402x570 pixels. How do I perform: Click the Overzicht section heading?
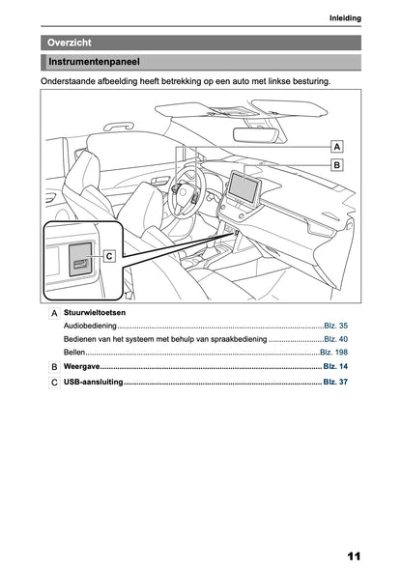(69, 43)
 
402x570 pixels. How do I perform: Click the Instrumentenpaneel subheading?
(94, 62)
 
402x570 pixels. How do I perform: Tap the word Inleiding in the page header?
(345, 17)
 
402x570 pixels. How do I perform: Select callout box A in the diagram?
(337, 147)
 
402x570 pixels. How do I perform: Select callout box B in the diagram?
(337, 165)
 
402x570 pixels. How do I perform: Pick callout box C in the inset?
(109, 256)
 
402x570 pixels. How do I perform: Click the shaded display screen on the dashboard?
(244, 186)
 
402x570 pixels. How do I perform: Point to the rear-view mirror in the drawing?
(255, 135)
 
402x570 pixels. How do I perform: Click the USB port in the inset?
(79, 264)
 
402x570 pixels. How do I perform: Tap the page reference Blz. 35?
(335, 326)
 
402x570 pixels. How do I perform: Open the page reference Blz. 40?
(335, 339)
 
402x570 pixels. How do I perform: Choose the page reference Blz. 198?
(333, 352)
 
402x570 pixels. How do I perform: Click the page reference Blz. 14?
(335, 366)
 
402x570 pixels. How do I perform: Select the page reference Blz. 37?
(335, 382)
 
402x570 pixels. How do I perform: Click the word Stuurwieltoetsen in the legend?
(95, 312)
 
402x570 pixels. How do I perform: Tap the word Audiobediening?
(90, 326)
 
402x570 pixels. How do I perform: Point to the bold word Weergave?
(81, 366)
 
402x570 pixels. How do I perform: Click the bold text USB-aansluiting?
(93, 382)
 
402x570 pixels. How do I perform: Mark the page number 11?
(354, 556)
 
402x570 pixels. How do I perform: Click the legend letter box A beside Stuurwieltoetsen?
(54, 313)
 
